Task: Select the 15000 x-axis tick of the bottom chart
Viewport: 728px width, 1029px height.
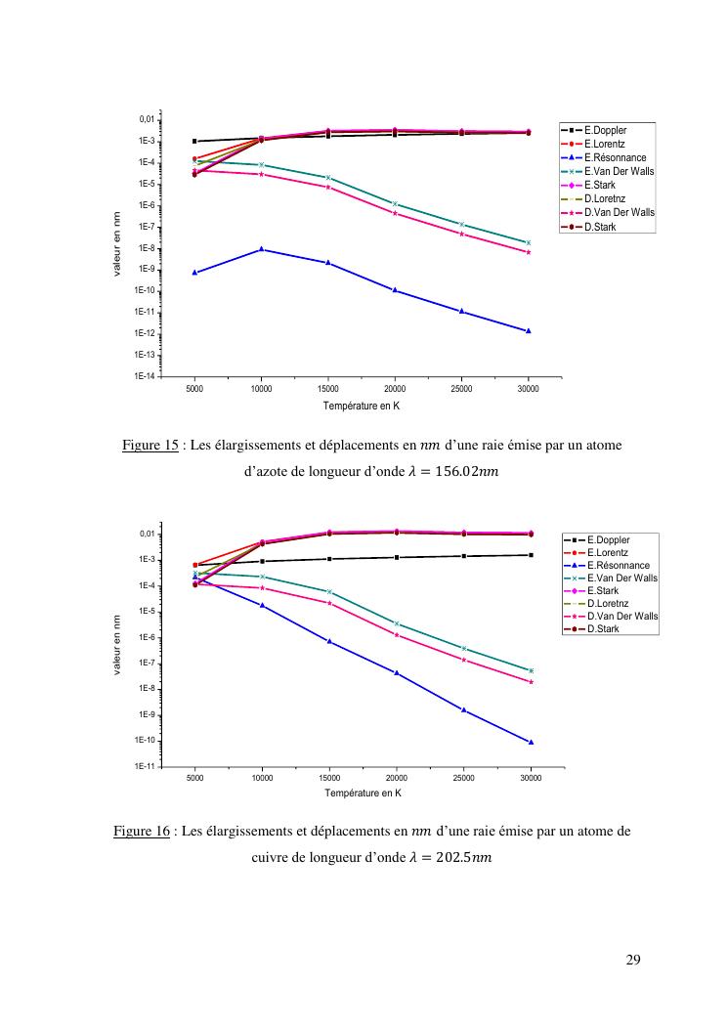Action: (x=329, y=779)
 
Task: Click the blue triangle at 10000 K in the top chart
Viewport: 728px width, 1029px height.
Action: (x=261, y=249)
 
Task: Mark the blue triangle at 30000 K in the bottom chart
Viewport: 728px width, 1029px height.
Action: (x=531, y=742)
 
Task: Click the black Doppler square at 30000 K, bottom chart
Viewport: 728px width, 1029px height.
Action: (x=531, y=555)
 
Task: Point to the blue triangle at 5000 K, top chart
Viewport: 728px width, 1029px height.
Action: (x=194, y=273)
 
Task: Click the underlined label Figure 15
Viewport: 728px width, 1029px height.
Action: (x=150, y=446)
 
